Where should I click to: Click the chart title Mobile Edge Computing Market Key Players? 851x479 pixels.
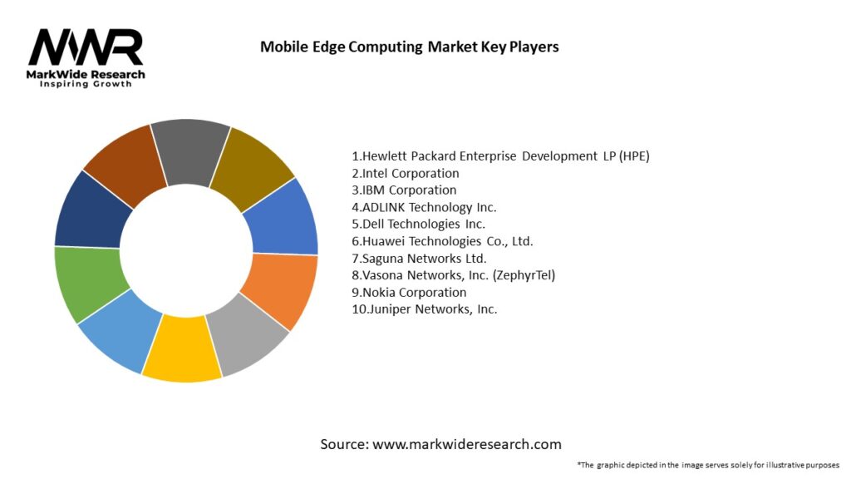pos(409,47)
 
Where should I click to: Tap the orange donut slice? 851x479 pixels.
pos(280,290)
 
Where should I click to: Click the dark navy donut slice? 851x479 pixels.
pos(92,210)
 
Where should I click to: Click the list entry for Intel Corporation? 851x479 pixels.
pos(406,173)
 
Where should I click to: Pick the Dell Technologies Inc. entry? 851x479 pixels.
pos(419,224)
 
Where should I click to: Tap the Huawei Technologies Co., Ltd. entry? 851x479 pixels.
pos(442,241)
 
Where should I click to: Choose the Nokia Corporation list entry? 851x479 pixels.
pos(409,292)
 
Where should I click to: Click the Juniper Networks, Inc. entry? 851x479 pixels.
pos(425,309)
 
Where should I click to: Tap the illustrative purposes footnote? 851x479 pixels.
pos(708,464)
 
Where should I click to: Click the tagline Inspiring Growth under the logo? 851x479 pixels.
pos(86,84)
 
